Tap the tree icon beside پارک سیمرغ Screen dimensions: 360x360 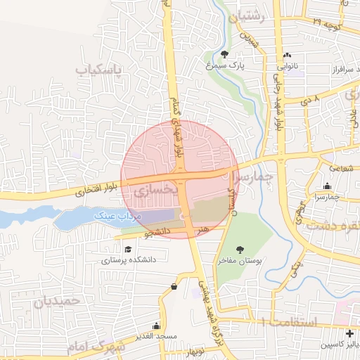(225, 53)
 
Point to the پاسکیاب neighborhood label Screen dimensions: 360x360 (99, 70)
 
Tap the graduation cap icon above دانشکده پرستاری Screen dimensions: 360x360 (127, 249)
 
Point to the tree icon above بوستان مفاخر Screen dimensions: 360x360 (240, 249)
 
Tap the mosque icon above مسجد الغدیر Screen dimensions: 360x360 (157, 327)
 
